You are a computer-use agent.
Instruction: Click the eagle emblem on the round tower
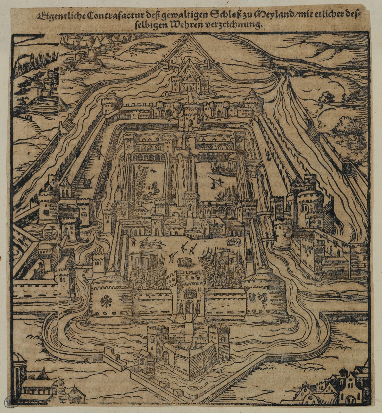tap(105, 301)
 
